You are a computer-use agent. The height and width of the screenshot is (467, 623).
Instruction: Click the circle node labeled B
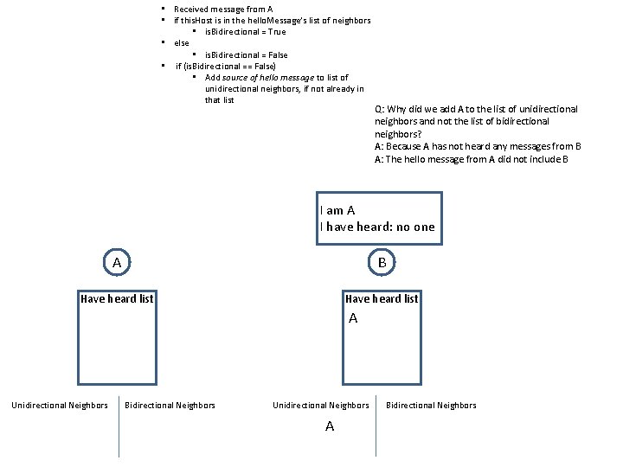(x=382, y=261)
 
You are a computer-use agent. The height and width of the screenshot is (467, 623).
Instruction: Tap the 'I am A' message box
(x=380, y=219)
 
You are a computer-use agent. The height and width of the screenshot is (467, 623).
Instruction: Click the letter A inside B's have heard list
(x=353, y=319)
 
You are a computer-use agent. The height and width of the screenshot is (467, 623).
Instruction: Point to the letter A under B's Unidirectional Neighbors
(x=329, y=426)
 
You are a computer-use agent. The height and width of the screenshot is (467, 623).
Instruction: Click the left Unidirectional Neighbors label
(x=60, y=405)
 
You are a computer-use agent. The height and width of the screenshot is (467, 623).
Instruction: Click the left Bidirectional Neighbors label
(x=170, y=405)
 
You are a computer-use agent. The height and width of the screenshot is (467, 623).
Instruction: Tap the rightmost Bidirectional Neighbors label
(x=431, y=405)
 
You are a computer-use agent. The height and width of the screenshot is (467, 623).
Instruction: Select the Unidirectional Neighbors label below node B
(x=320, y=405)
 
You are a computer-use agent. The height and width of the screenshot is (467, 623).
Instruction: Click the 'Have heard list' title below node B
(x=382, y=299)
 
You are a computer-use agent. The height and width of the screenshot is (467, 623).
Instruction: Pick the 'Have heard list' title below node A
(x=117, y=299)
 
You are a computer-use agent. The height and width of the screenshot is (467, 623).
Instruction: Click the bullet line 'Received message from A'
(x=223, y=9)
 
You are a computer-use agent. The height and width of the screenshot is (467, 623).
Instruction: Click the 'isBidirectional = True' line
(x=245, y=32)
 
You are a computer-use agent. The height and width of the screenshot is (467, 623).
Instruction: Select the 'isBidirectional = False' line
(x=246, y=54)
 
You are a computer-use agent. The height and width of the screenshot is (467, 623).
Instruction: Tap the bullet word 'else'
(x=182, y=42)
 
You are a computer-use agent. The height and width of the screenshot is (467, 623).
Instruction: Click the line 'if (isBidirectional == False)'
(x=226, y=66)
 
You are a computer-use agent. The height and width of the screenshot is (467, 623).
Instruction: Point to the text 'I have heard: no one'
(x=377, y=227)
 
